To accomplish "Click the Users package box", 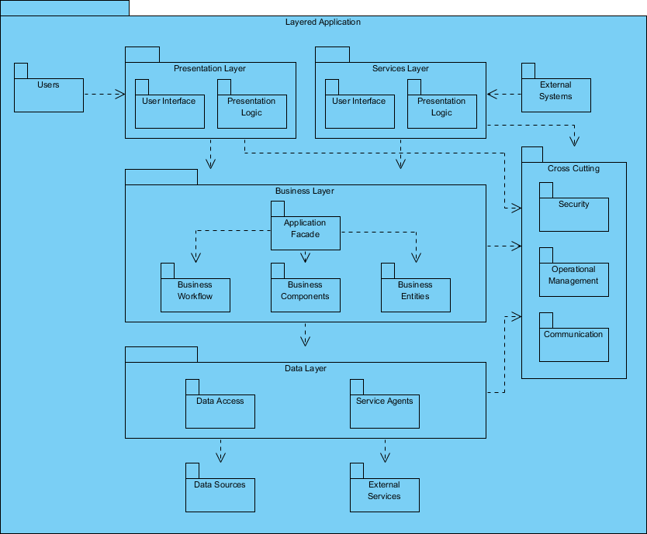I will tap(49, 94).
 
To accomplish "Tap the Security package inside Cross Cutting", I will tap(574, 214).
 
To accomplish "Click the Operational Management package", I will tap(574, 279).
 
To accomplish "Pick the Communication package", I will tap(574, 344).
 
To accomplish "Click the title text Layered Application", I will tap(323, 22).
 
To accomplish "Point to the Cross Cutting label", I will tap(573, 168).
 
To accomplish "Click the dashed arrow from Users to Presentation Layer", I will tap(104, 95).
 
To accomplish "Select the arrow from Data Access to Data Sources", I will tap(220, 450).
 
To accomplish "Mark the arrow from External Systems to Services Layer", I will tap(504, 95).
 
